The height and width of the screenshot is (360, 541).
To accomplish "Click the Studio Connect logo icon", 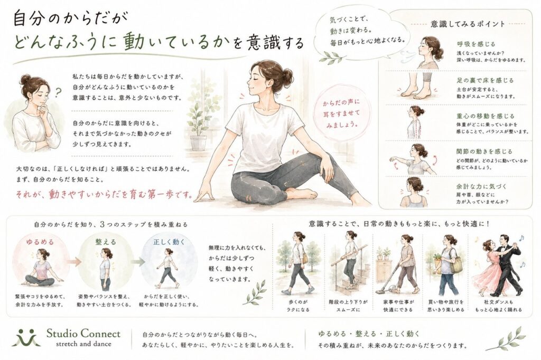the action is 26,337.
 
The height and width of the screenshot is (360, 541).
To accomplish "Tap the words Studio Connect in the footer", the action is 83,334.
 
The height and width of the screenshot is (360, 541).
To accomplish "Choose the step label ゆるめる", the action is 40,242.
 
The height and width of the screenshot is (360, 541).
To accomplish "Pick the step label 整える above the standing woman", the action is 106,242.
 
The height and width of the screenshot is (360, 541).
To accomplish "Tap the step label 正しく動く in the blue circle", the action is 169,242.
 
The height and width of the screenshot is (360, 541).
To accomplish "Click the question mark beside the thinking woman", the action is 59,92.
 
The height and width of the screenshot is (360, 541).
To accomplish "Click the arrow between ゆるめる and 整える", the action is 73,261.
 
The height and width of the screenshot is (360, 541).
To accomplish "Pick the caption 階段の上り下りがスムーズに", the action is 348,306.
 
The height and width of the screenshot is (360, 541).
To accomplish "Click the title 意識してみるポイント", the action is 468,24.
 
